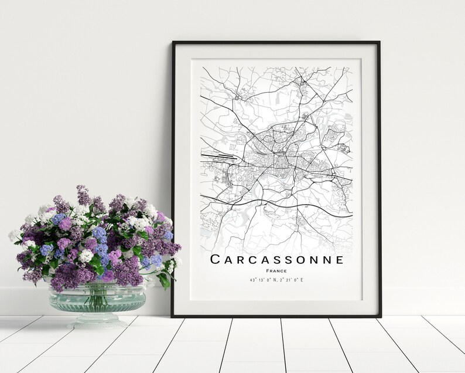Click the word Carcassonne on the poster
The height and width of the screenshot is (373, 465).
(x=276, y=259)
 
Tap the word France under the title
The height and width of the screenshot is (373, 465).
(x=276, y=270)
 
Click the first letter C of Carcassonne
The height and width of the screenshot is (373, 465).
(x=215, y=259)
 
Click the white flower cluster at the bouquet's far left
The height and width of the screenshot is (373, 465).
(x=14, y=235)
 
